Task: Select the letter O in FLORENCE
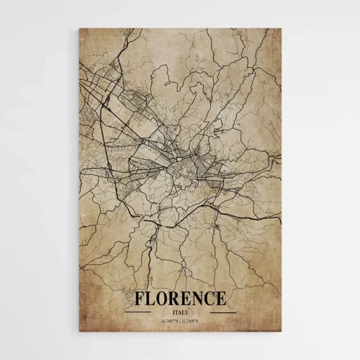(163, 298)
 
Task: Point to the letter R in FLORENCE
(176, 298)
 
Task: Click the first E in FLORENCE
(187, 298)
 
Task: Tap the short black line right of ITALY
(222, 312)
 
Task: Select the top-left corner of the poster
(79, 29)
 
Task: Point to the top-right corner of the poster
(280, 29)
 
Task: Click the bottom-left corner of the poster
(79, 331)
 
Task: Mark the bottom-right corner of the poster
(280, 331)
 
